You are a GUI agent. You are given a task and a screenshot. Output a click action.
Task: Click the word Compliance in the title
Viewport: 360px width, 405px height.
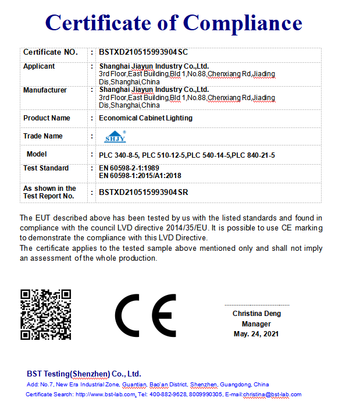click(x=243, y=23)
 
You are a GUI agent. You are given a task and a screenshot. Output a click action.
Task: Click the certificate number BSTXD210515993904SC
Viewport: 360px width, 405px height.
click(x=143, y=52)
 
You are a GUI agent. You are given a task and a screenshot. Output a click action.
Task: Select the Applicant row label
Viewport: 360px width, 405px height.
click(x=39, y=66)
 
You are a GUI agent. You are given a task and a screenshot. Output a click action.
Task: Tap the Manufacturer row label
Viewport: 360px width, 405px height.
click(x=45, y=90)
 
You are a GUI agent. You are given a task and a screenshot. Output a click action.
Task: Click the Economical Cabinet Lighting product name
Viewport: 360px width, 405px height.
click(x=145, y=118)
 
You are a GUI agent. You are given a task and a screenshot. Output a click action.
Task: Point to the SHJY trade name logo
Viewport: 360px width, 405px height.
click(x=115, y=137)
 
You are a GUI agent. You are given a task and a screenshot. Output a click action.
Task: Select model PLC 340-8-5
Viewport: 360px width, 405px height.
click(x=119, y=155)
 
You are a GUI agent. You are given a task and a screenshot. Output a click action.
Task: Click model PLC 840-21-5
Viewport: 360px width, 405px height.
click(x=254, y=155)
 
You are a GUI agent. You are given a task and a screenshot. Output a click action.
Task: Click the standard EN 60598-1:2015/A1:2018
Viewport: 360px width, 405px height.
click(x=140, y=175)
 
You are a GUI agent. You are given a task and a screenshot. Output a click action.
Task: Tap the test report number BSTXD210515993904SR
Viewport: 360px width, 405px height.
click(x=143, y=192)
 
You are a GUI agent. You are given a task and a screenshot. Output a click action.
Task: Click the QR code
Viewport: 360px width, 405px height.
click(x=46, y=314)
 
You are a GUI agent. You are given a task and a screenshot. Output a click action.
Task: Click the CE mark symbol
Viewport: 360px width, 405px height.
click(x=145, y=315)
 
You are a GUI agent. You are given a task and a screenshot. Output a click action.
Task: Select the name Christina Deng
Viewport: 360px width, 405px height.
click(x=256, y=313)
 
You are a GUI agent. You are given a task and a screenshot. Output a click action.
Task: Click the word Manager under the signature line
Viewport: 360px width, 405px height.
click(x=256, y=324)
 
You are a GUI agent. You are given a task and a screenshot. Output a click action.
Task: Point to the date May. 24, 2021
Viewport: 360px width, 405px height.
click(x=256, y=334)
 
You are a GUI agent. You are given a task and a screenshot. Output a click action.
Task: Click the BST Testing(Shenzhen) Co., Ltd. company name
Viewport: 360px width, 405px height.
click(x=84, y=374)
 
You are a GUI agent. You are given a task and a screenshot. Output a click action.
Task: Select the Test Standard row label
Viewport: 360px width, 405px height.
click(x=46, y=168)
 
